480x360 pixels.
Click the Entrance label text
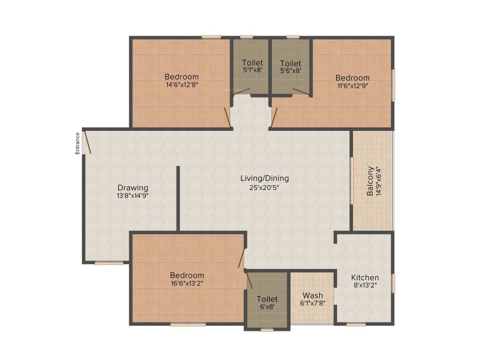pyautogui.click(x=78, y=143)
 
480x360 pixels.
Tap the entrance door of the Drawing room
pyautogui.click(x=87, y=142)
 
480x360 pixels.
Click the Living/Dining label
pyautogui.click(x=264, y=178)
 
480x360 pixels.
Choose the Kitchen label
pyautogui.click(x=365, y=277)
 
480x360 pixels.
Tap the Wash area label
pyautogui.click(x=312, y=295)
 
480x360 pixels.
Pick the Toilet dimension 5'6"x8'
pyautogui.click(x=290, y=70)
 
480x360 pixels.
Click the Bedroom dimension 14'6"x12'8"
pyautogui.click(x=181, y=85)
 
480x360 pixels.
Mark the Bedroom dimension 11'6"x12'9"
pyautogui.click(x=352, y=86)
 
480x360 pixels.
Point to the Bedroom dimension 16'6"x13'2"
pyautogui.click(x=187, y=283)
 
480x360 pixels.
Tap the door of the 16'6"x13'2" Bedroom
pyautogui.click(x=241, y=258)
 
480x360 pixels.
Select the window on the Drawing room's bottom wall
pyautogui.click(x=109, y=263)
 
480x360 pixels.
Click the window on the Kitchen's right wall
pyautogui.click(x=393, y=283)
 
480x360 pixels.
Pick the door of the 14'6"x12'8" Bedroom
pyautogui.click(x=227, y=117)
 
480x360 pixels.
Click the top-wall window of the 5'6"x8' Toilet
pyautogui.click(x=293, y=37)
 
